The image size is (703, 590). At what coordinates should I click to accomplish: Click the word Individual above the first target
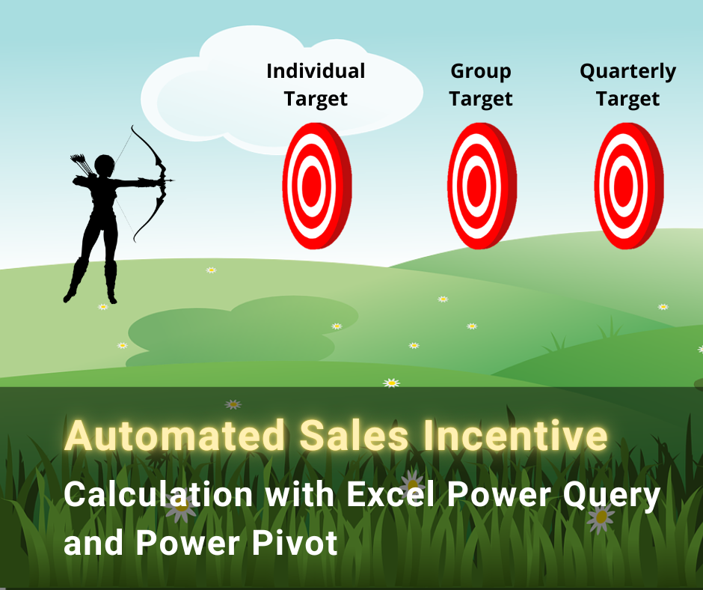coord(316,71)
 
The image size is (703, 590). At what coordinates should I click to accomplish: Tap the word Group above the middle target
coord(481,72)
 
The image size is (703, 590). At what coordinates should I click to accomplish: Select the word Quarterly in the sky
coord(627,72)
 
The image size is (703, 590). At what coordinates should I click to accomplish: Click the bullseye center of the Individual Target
coord(312,185)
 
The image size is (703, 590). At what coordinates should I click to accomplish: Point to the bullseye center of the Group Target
coord(476,185)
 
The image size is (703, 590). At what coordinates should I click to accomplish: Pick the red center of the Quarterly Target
coord(624,185)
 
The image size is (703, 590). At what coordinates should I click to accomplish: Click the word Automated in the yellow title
coord(174,436)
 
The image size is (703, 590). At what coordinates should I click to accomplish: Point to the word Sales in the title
coord(354,436)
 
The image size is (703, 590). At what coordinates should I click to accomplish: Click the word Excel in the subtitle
coord(390,494)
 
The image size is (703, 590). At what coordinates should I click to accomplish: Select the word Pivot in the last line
coord(295,543)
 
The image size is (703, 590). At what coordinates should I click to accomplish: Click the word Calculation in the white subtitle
coord(159,494)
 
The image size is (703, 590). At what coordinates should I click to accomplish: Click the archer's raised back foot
coord(69,296)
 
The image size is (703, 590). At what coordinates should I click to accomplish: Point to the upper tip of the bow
coord(132,127)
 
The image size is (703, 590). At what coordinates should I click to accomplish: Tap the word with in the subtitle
coord(299,494)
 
